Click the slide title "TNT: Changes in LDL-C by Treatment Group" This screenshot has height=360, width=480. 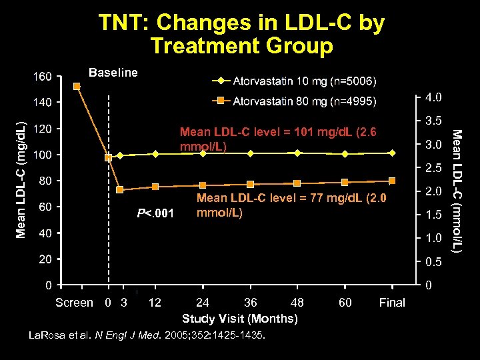point(241,35)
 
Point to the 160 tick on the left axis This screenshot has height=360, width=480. point(43,77)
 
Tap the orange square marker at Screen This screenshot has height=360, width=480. point(77,86)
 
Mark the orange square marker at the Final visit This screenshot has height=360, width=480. point(392,181)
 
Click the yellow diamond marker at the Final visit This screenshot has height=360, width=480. point(392,153)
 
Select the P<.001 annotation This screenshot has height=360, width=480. point(155,213)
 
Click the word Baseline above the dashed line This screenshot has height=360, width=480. point(113,72)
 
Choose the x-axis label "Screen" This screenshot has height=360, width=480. point(74,303)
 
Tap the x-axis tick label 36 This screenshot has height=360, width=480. point(250,303)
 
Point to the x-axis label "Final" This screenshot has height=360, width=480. point(391,303)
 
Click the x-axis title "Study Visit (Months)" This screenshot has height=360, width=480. point(240,319)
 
